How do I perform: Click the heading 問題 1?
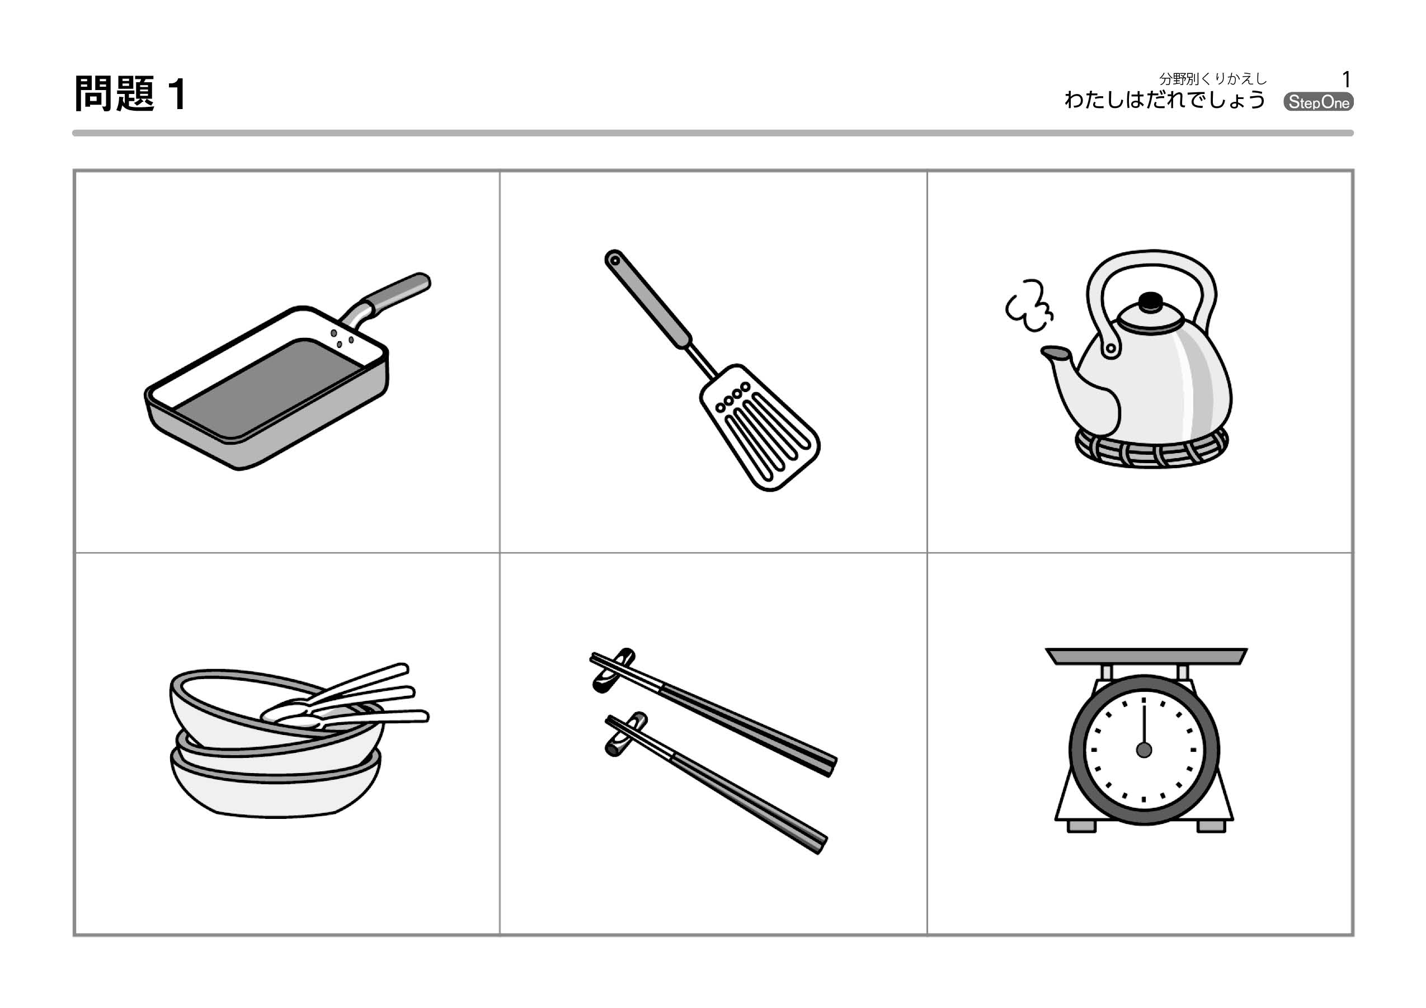[130, 94]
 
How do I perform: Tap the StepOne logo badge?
[1318, 102]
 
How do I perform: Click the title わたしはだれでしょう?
[1165, 100]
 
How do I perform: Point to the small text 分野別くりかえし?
[1212, 79]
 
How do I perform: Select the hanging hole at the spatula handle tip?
[614, 260]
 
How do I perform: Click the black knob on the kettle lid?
[1150, 302]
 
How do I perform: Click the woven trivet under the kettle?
[1152, 449]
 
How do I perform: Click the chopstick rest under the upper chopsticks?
[614, 671]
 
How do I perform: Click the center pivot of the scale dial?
[1144, 750]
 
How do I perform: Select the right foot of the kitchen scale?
[1211, 826]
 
